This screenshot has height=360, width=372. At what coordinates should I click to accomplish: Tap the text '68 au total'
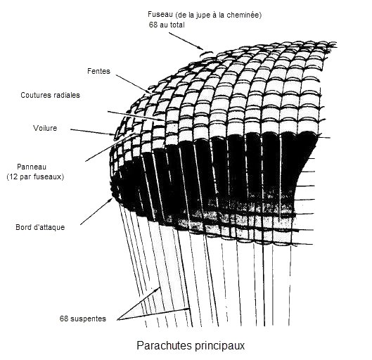(167, 25)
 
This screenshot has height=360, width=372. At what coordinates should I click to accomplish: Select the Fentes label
(98, 71)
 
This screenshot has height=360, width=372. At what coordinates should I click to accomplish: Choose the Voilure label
(45, 128)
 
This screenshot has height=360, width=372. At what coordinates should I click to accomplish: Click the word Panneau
(32, 167)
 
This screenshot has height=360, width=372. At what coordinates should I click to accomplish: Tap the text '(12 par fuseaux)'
(35, 176)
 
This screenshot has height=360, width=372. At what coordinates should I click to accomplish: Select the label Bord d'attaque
(40, 227)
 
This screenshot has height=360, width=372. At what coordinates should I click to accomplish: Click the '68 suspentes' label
(83, 319)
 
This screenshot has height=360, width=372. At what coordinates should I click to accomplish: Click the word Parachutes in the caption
(164, 345)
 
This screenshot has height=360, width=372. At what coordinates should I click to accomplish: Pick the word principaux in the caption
(219, 346)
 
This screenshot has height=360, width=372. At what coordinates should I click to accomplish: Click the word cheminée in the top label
(244, 15)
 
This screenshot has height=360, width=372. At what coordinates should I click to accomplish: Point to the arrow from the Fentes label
(134, 84)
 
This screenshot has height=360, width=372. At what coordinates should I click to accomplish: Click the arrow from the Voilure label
(93, 132)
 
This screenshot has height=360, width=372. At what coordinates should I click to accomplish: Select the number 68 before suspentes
(64, 319)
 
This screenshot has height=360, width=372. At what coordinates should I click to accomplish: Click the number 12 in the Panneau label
(13, 176)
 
